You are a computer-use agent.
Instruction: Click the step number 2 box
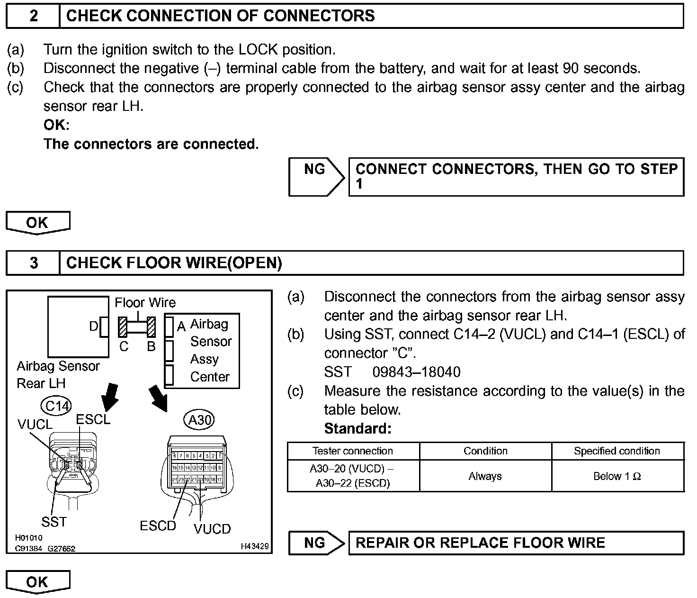click(33, 16)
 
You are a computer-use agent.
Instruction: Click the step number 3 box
click(33, 263)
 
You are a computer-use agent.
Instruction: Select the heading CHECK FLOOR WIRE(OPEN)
click(174, 263)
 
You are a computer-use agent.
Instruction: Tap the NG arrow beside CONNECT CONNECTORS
click(317, 177)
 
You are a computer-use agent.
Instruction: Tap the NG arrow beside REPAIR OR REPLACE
click(317, 543)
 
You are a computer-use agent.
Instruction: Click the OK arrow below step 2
click(38, 223)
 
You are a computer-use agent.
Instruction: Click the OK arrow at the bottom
click(38, 582)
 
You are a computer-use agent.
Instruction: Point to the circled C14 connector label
click(57, 406)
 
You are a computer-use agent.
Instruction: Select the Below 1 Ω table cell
click(617, 476)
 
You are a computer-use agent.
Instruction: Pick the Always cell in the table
click(485, 476)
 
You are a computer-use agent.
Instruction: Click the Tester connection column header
click(353, 451)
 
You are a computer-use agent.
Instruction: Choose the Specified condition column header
click(617, 451)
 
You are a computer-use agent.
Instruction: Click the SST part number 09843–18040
click(416, 372)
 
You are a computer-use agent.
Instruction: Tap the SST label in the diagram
click(54, 522)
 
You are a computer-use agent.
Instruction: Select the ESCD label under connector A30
click(158, 526)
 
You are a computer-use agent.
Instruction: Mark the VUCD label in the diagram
click(212, 529)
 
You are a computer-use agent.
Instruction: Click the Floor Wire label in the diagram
click(145, 303)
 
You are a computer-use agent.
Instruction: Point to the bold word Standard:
click(358, 429)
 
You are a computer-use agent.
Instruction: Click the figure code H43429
click(254, 546)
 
